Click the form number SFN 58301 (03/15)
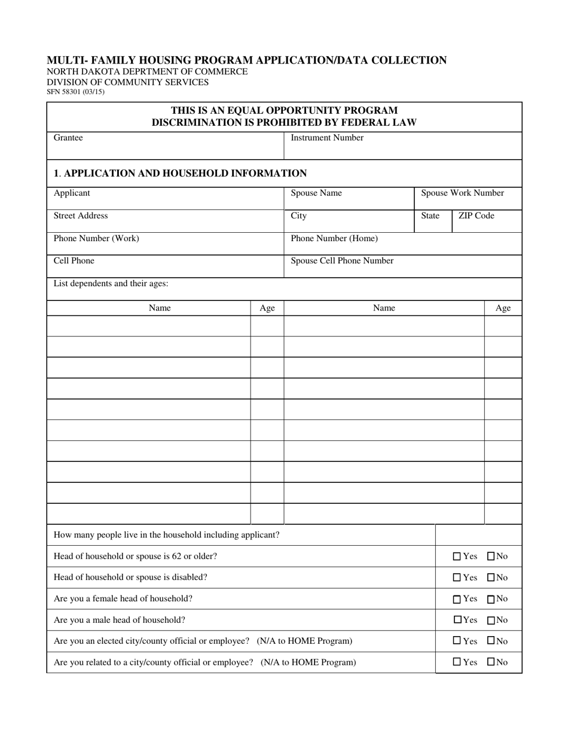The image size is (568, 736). (x=75, y=92)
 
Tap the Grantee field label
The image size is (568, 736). (x=68, y=138)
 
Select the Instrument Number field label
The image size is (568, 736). (x=326, y=138)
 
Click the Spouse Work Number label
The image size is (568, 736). (x=462, y=193)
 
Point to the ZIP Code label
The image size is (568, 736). (x=476, y=215)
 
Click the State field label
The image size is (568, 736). (x=430, y=215)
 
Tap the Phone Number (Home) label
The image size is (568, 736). (x=334, y=238)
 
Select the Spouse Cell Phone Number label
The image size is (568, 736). (x=342, y=261)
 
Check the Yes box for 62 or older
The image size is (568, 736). (x=457, y=556)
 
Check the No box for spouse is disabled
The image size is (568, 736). (x=491, y=578)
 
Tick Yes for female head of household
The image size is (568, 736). (x=457, y=599)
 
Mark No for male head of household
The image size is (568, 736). (x=491, y=621)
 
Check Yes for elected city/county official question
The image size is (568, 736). (x=457, y=641)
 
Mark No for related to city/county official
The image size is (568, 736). (x=491, y=662)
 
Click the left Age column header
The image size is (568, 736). (x=267, y=308)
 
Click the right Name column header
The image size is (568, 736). (x=384, y=308)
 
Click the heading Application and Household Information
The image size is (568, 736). (x=180, y=174)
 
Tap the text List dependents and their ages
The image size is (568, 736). (x=111, y=284)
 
